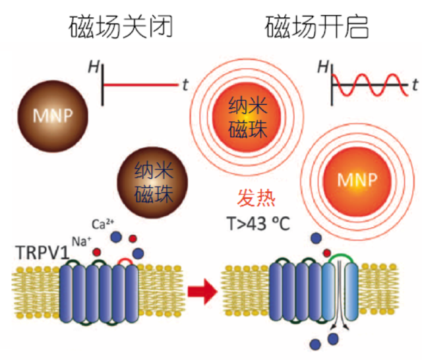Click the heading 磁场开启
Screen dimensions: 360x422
317,27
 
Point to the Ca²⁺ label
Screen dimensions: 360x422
102,222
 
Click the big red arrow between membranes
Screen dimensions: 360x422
200,290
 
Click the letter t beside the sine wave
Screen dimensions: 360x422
413,84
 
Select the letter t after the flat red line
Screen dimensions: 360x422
185,84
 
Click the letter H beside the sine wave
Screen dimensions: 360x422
322,66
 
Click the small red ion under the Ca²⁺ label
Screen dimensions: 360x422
133,238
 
